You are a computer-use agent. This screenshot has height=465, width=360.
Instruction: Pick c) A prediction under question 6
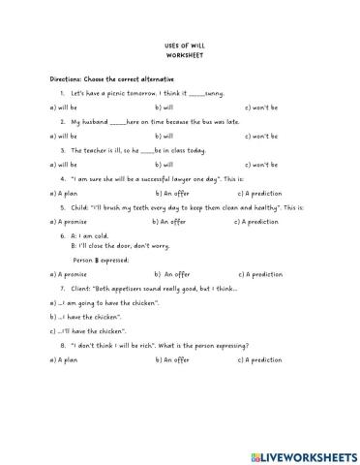click(x=257, y=274)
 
